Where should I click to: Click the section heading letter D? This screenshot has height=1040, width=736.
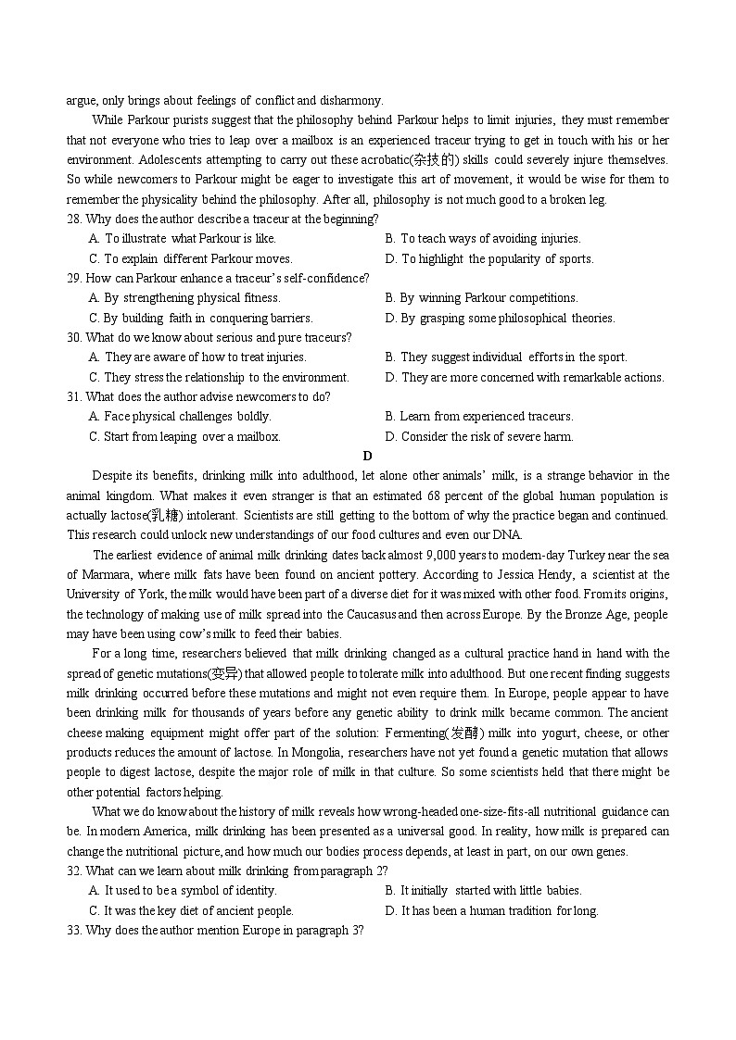367,456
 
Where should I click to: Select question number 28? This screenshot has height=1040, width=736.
74,219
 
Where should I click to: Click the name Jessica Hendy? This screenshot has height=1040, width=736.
524,575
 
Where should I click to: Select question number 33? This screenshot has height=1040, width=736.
74,930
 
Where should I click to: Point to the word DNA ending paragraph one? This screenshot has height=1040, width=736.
507,534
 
